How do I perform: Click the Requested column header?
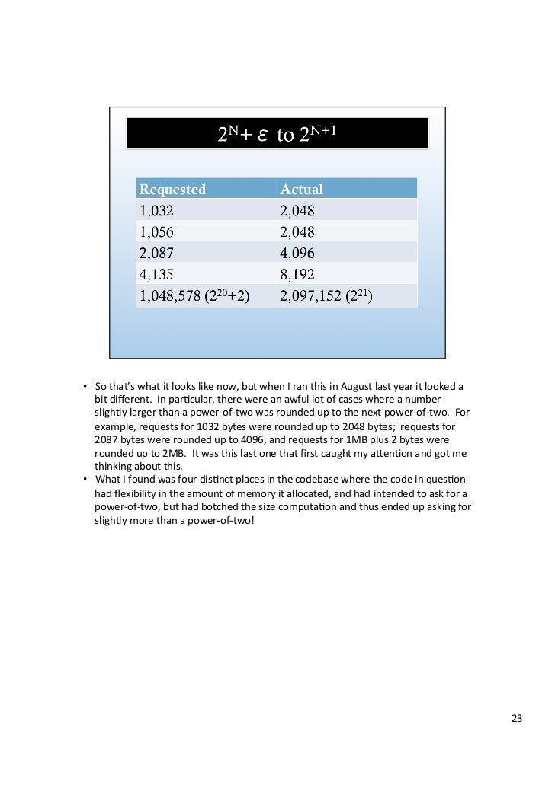pos(173,189)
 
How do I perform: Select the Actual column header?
pos(302,189)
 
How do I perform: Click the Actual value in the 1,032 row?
pos(297,210)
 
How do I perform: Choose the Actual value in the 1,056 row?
pos(297,231)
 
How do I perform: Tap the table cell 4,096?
pos(297,253)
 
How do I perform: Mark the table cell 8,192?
pos(297,274)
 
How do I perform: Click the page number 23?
pos(517,718)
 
